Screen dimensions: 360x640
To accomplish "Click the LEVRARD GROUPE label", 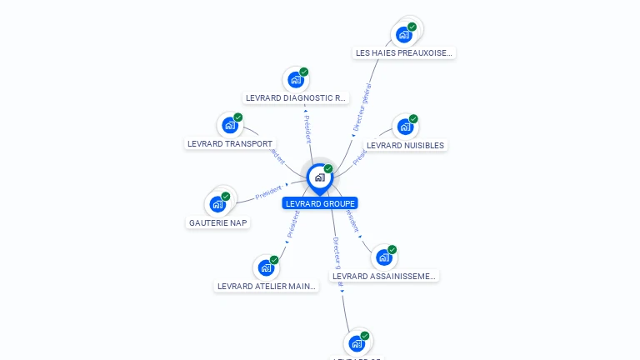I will pos(320,203).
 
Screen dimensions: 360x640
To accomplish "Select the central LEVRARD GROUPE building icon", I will pos(319,177).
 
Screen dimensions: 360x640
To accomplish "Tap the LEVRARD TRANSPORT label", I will pos(230,143).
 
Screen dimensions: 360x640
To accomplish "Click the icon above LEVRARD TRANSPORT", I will pos(229,126).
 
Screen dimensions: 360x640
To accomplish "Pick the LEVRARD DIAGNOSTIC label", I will pos(296,97).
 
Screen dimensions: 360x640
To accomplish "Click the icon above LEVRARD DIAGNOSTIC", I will pos(295,80).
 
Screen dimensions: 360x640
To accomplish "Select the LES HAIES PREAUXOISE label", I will pos(405,52).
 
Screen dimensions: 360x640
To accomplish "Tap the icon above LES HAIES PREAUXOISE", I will pos(404,34).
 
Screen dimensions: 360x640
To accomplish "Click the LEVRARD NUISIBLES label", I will pos(406,145).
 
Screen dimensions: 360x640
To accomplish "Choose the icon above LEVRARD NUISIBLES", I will pos(405,127).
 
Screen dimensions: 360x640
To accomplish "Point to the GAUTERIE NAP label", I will pos(218,222).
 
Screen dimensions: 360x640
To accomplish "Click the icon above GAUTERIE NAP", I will pos(217,204).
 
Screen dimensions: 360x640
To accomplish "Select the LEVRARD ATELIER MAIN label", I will pos(267,286).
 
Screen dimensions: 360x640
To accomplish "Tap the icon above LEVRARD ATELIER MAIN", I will pos(266,267).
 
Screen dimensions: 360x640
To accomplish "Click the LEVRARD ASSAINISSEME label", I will pos(384,276).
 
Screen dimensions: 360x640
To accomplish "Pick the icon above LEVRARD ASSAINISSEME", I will pos(384,257).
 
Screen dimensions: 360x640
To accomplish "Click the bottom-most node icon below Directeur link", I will pos(357,342).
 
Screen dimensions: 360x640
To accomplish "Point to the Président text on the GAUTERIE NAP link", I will pos(268,192).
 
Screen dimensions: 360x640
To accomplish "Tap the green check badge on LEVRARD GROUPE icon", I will pos(328,169).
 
